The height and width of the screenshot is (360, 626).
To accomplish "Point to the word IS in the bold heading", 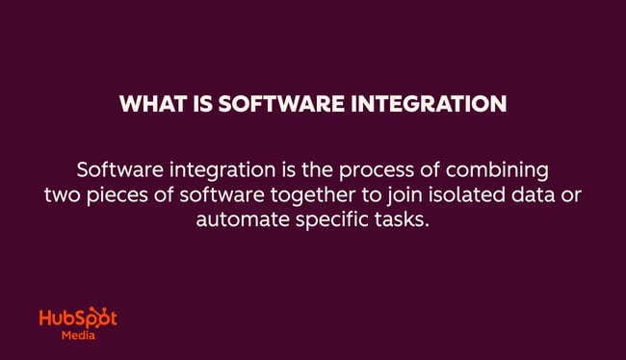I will pos(198,105).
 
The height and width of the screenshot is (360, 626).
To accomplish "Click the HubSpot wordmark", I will pos(78,321).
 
